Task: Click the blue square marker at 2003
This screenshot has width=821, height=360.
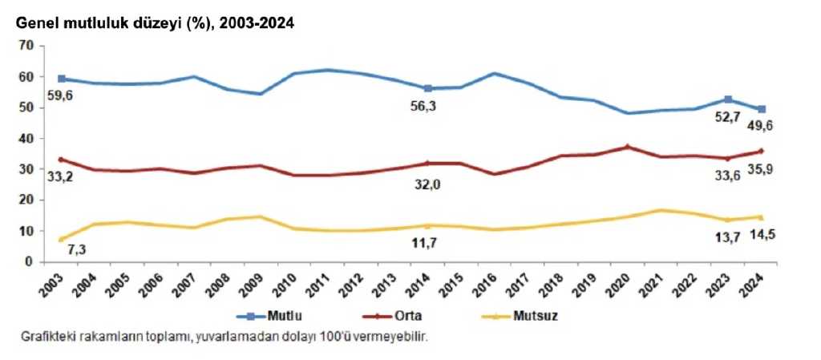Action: [x=61, y=79]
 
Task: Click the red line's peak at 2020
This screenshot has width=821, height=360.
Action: [x=628, y=147]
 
